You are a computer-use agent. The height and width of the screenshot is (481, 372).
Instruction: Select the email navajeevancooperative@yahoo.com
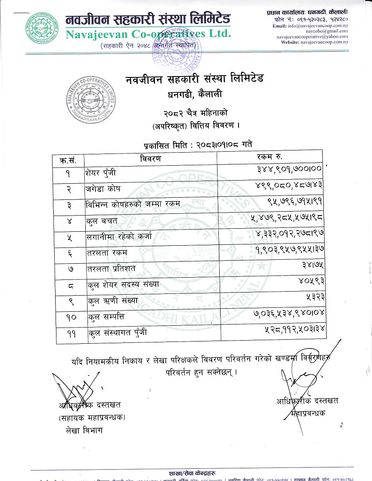[312, 37]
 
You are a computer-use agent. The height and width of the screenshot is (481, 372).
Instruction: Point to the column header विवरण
[151, 158]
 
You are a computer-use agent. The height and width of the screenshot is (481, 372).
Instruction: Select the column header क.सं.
[68, 160]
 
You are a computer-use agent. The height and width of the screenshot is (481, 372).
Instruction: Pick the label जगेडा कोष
[103, 189]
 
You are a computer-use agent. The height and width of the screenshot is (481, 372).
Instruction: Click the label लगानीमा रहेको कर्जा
[119, 238]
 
